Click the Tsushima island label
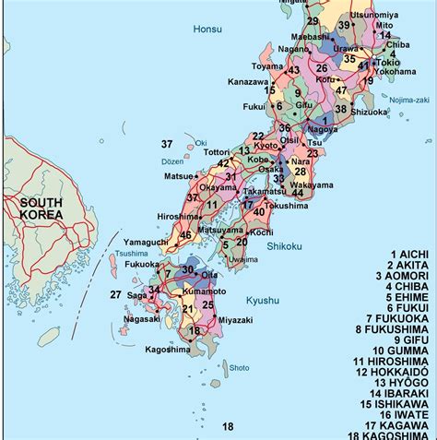coord(132,253)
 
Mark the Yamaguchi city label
coord(145,241)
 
